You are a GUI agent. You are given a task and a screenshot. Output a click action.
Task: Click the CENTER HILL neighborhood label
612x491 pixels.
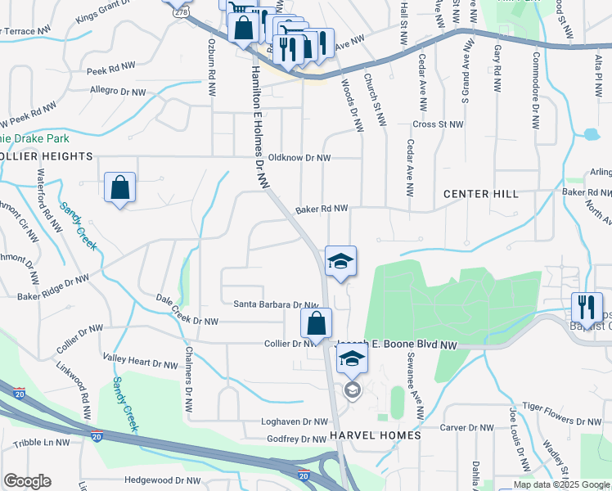click(x=480, y=194)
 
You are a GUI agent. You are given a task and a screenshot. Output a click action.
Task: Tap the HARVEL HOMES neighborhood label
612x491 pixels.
click(x=375, y=435)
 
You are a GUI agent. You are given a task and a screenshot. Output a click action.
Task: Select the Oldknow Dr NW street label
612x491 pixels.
click(x=299, y=158)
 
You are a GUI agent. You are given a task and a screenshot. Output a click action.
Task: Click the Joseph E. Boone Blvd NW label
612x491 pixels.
click(x=397, y=345)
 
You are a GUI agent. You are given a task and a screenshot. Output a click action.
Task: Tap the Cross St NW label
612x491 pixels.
click(x=438, y=124)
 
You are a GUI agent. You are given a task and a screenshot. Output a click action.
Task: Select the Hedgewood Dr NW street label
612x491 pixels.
click(x=162, y=481)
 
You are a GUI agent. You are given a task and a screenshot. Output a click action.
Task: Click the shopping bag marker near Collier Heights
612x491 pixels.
click(x=120, y=187)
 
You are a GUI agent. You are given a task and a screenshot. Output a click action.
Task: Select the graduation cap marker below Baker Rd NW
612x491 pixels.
click(x=340, y=261)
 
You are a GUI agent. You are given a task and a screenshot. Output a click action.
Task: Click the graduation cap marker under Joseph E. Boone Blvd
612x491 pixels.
click(x=352, y=358)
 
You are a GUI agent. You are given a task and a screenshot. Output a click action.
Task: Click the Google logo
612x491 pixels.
click(x=27, y=481)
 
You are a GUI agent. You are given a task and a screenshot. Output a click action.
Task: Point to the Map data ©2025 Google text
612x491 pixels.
click(x=561, y=484)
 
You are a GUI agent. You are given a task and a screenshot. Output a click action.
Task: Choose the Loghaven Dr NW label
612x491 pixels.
click(x=278, y=422)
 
